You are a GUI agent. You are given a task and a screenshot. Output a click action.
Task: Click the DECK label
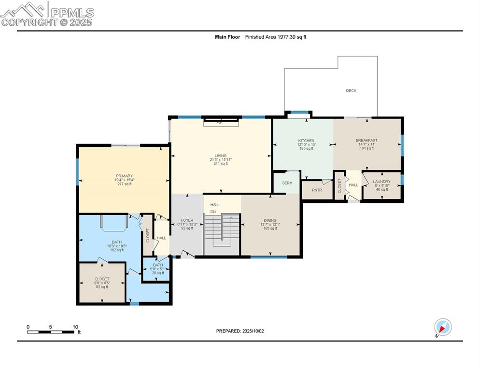(x=351, y=90)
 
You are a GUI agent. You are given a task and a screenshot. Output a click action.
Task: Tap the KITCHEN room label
(x=306, y=141)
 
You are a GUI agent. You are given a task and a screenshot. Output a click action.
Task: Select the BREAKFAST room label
(x=367, y=141)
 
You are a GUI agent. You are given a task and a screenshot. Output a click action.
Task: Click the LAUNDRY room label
(x=381, y=182)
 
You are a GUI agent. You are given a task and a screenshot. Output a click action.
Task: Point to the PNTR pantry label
(x=317, y=190)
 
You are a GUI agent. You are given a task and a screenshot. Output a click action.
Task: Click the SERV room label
(x=287, y=183)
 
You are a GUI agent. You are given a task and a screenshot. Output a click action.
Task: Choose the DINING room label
(x=270, y=220)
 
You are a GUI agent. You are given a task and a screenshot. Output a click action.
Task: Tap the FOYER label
(x=186, y=220)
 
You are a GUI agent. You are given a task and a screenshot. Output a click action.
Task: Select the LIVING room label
(x=220, y=156)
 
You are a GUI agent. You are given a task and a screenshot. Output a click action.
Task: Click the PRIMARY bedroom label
(x=124, y=176)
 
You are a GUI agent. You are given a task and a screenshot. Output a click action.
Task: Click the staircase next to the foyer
(x=222, y=234)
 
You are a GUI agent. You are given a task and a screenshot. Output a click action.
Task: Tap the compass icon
(x=442, y=327)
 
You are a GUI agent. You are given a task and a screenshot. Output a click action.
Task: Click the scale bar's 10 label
(x=75, y=327)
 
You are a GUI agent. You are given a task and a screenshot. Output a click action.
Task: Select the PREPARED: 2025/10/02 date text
(x=240, y=331)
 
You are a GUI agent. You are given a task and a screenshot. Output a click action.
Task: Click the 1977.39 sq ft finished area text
(x=292, y=37)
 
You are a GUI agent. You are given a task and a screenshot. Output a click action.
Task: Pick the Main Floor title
(x=227, y=37)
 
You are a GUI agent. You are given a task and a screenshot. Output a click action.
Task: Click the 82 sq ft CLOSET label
(x=102, y=279)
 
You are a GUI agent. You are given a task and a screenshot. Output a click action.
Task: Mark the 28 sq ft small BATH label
(x=158, y=265)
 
